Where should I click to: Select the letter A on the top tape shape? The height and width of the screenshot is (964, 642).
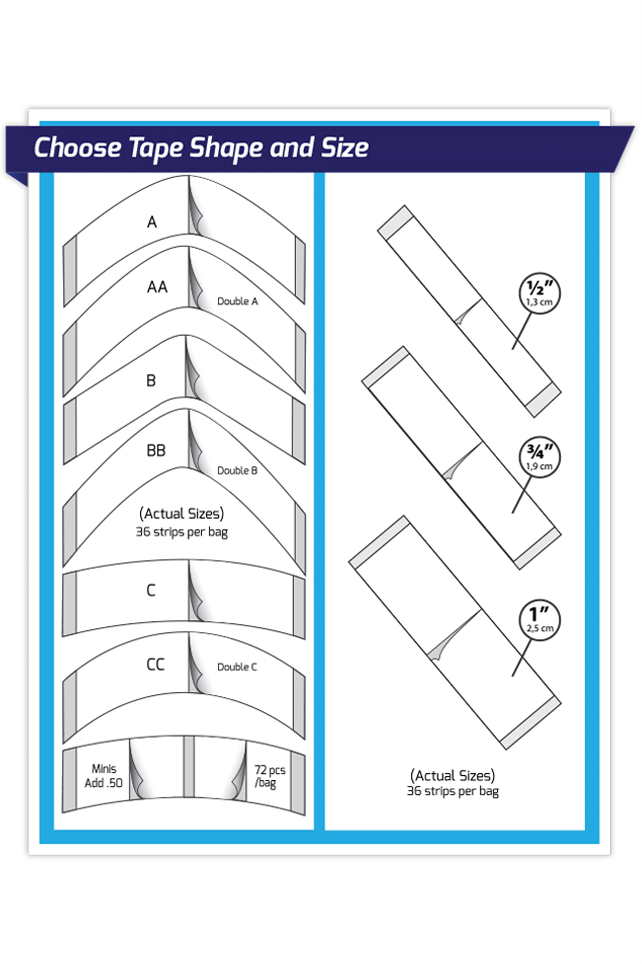152,222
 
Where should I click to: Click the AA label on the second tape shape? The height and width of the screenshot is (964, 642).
157,287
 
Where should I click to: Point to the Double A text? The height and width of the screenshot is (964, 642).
237,301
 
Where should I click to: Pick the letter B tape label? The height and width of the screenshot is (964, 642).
151,380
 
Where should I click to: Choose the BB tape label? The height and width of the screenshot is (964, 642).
156,450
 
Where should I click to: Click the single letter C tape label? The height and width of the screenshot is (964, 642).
151,590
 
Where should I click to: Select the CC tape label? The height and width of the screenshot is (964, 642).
156,664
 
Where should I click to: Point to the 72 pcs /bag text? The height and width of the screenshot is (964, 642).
269,776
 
